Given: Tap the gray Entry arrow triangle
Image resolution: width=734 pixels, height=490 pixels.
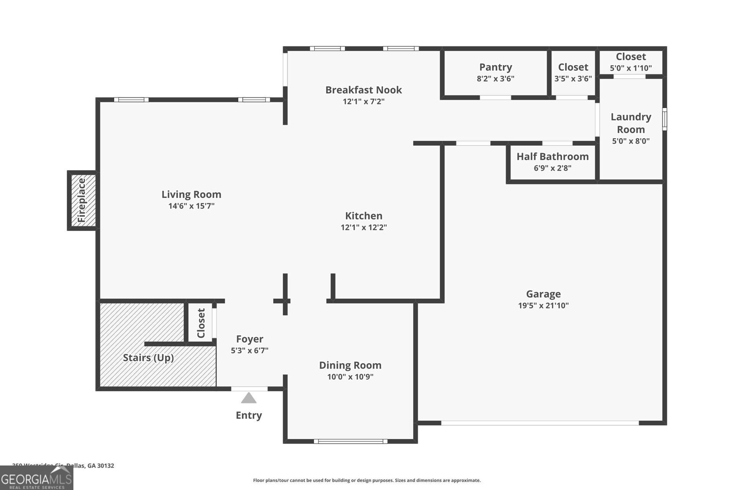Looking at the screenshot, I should (249, 398).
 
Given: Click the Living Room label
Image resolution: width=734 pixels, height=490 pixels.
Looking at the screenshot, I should (191, 194).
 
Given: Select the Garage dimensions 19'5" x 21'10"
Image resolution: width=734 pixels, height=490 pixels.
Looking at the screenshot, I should (543, 305).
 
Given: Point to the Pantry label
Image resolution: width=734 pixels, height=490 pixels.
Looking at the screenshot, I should (495, 67).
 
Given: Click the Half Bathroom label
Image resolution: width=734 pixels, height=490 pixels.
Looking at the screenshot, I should (552, 157).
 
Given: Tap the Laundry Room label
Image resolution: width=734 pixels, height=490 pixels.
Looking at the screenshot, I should (631, 123).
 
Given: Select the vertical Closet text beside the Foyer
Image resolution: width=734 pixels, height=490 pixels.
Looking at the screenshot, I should (201, 323).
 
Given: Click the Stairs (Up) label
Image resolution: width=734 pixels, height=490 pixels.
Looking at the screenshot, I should (148, 358).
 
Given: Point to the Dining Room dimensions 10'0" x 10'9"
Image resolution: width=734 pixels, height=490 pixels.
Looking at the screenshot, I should (350, 377).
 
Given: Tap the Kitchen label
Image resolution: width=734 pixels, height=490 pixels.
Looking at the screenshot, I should (363, 216).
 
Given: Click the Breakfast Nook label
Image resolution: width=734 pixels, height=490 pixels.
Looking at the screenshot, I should (363, 90).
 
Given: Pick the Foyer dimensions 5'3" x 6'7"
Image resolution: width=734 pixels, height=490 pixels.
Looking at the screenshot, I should (249, 350).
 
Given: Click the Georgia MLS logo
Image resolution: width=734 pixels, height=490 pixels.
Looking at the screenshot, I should (36, 479).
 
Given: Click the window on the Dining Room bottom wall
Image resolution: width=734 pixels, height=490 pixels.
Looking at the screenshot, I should (350, 441).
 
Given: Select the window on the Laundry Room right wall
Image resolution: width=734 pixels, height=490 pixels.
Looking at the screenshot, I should (664, 119).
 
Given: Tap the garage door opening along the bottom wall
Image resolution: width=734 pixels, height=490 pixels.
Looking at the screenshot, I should (539, 423).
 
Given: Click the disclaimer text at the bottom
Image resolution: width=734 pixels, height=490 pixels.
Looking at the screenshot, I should (367, 480).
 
